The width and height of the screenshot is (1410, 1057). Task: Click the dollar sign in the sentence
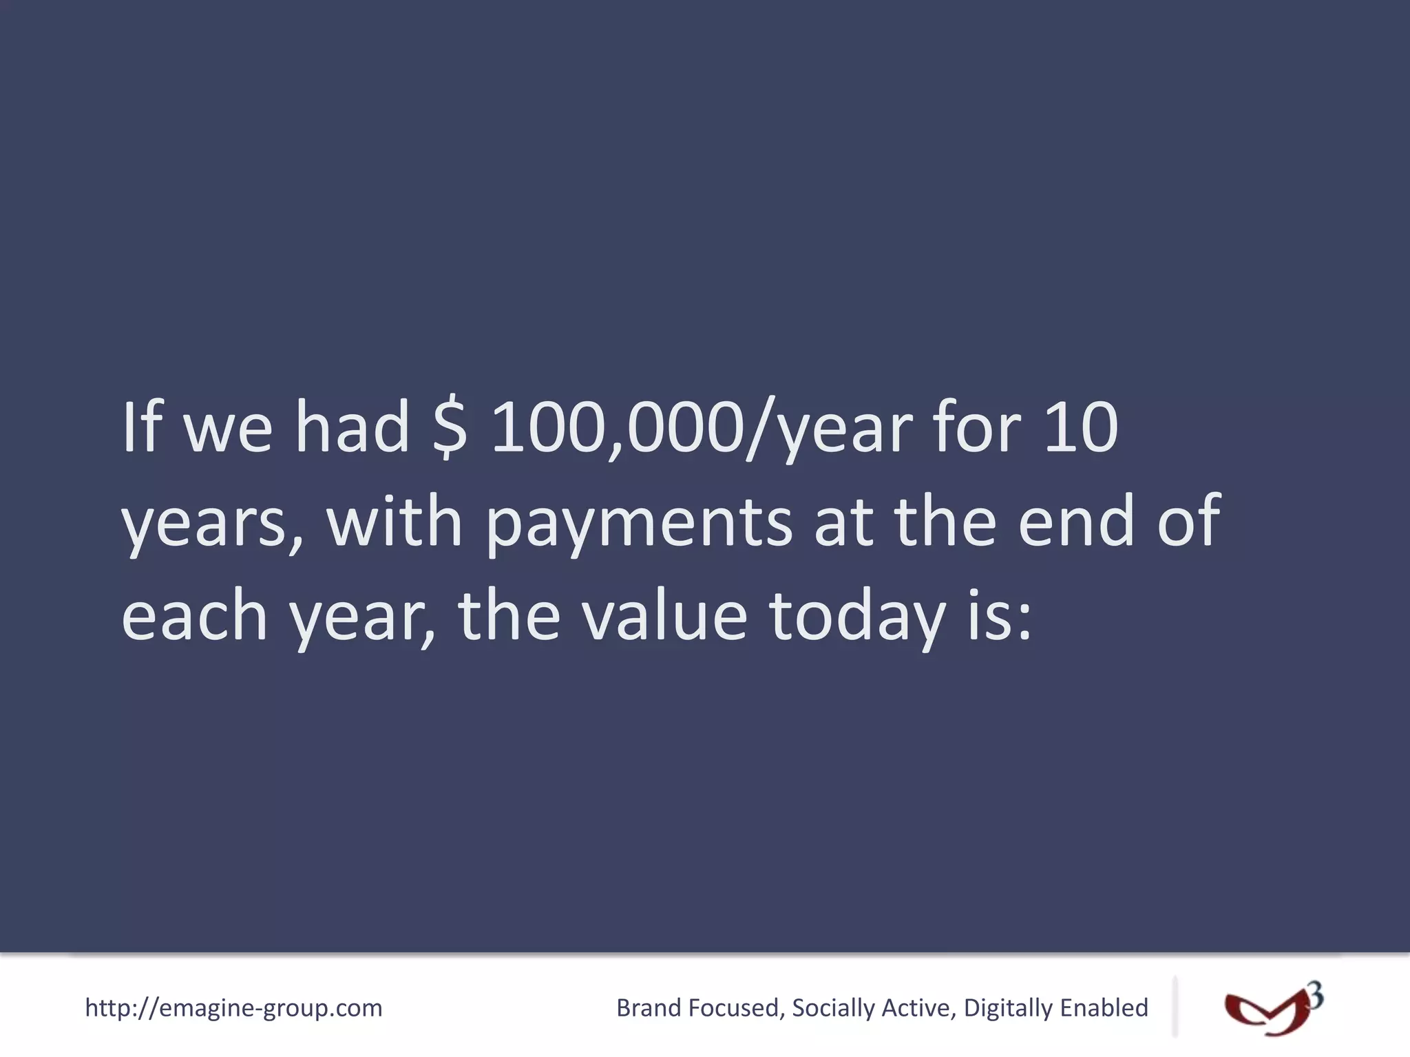(451, 428)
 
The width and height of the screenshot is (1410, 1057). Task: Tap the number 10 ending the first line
(1081, 428)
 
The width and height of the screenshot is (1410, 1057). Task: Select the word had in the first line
(352, 428)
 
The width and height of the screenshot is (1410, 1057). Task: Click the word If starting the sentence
(143, 428)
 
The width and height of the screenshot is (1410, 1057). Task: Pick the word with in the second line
(394, 522)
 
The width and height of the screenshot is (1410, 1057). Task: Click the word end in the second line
(1075, 522)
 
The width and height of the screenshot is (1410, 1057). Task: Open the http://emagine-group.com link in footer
(233, 1008)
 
